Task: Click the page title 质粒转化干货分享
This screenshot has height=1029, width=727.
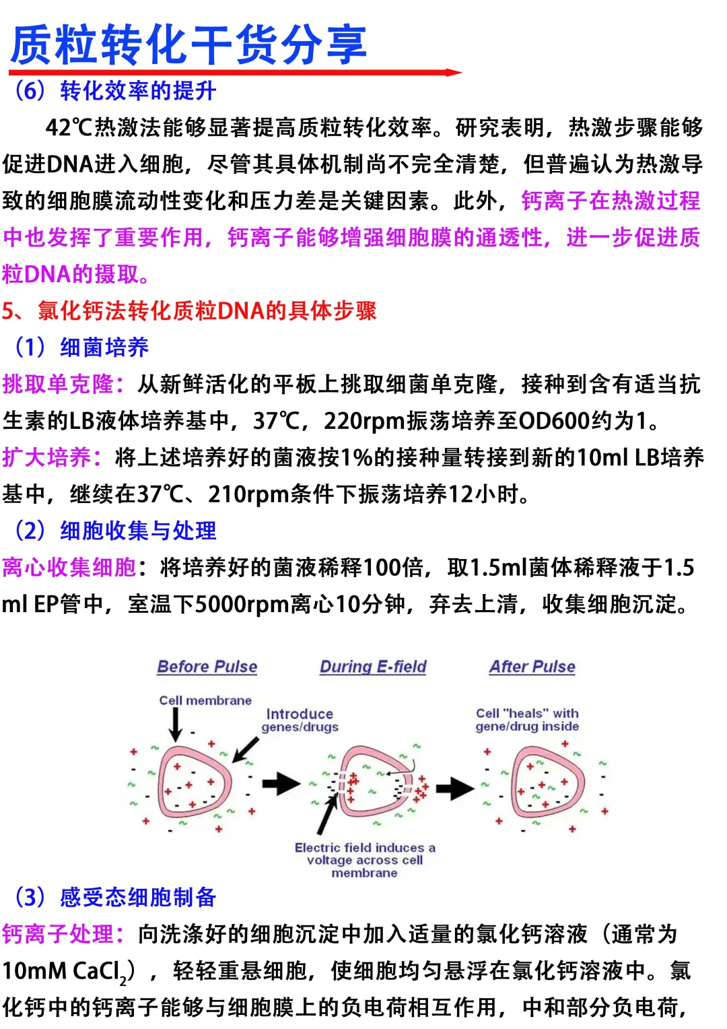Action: pyautogui.click(x=188, y=44)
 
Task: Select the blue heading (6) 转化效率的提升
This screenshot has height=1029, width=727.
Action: pyautogui.click(x=115, y=91)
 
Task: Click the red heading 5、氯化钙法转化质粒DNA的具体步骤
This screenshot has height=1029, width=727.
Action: pyautogui.click(x=189, y=310)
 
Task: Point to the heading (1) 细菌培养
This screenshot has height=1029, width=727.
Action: pyautogui.click(x=81, y=347)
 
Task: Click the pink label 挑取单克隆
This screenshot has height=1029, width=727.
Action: pyautogui.click(x=63, y=385)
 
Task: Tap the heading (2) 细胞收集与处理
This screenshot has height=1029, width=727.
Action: pyautogui.click(x=115, y=531)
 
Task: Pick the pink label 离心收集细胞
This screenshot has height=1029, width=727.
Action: pyautogui.click(x=69, y=568)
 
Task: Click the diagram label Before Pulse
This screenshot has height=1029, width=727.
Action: pyautogui.click(x=207, y=667)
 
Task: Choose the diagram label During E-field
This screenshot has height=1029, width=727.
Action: pyautogui.click(x=373, y=667)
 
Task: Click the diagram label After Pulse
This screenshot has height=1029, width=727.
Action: pyautogui.click(x=532, y=667)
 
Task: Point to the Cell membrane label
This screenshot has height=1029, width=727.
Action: pyautogui.click(x=205, y=700)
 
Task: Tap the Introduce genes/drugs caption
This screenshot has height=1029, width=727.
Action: pyautogui.click(x=300, y=720)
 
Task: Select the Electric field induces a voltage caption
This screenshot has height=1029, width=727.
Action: pyautogui.click(x=365, y=860)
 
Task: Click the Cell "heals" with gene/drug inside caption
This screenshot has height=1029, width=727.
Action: pyautogui.click(x=527, y=719)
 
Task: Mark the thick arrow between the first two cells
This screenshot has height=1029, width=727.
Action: pyautogui.click(x=281, y=783)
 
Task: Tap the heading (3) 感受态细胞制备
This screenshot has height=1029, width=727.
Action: pyautogui.click(x=115, y=898)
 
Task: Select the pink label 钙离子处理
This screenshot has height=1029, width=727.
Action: pyautogui.click(x=63, y=935)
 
